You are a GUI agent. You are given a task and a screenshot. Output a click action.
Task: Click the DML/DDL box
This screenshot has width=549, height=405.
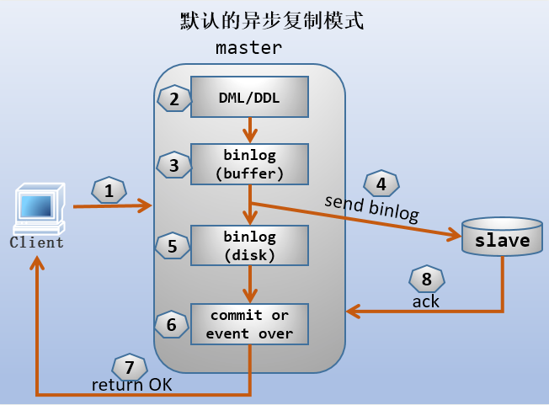point(249,98)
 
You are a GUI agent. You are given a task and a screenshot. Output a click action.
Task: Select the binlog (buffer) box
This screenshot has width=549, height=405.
point(249,164)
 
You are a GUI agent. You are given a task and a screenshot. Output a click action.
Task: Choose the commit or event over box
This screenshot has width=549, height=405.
point(249,324)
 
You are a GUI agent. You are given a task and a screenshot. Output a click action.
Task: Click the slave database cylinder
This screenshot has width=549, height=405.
point(503,239)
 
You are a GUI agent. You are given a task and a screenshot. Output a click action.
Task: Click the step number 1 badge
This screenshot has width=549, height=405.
point(109,191)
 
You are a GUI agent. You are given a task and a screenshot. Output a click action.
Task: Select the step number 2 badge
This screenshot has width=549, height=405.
point(173,99)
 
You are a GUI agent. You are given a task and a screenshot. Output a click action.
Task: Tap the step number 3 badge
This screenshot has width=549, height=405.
point(173,165)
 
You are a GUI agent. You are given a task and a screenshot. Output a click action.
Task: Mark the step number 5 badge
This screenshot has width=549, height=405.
point(173,247)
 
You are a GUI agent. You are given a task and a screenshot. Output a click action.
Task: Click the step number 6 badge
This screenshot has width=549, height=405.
point(172,324)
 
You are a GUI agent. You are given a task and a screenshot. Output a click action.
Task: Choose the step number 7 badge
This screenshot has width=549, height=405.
point(129,366)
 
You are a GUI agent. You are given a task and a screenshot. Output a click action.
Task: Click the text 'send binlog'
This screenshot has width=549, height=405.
point(371,208)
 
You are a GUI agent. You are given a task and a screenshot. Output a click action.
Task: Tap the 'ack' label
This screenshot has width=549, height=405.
point(425,301)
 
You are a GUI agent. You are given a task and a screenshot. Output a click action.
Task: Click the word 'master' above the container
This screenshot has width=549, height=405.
point(249,47)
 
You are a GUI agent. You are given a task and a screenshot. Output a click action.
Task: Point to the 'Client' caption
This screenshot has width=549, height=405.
point(36,242)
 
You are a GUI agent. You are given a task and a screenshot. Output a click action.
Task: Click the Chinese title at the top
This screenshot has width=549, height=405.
point(272,20)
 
